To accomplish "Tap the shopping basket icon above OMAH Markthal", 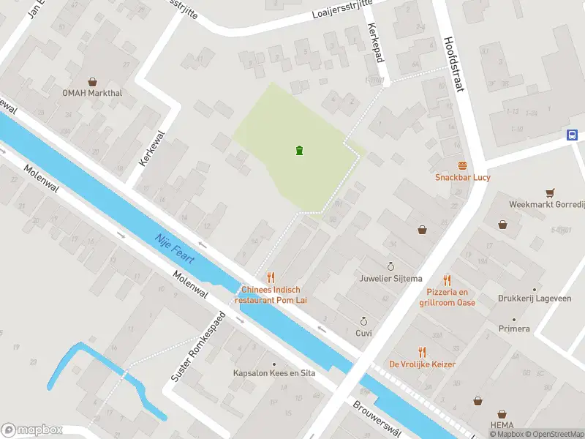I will [x=93, y=82].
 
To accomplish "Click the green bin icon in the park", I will [x=300, y=151].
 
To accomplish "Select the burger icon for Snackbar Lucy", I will [x=462, y=166].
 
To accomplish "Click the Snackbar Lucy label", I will [x=462, y=177].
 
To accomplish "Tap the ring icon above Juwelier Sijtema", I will [x=390, y=266].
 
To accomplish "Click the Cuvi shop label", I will [x=363, y=333].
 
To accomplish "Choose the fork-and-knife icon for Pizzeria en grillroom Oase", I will [x=447, y=280].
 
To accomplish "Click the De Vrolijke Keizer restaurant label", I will [x=422, y=364].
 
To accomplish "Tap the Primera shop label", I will [x=515, y=329].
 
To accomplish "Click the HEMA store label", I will [x=502, y=425].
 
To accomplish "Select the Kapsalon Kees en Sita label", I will [x=274, y=373].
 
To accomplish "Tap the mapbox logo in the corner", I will [x=32, y=430].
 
